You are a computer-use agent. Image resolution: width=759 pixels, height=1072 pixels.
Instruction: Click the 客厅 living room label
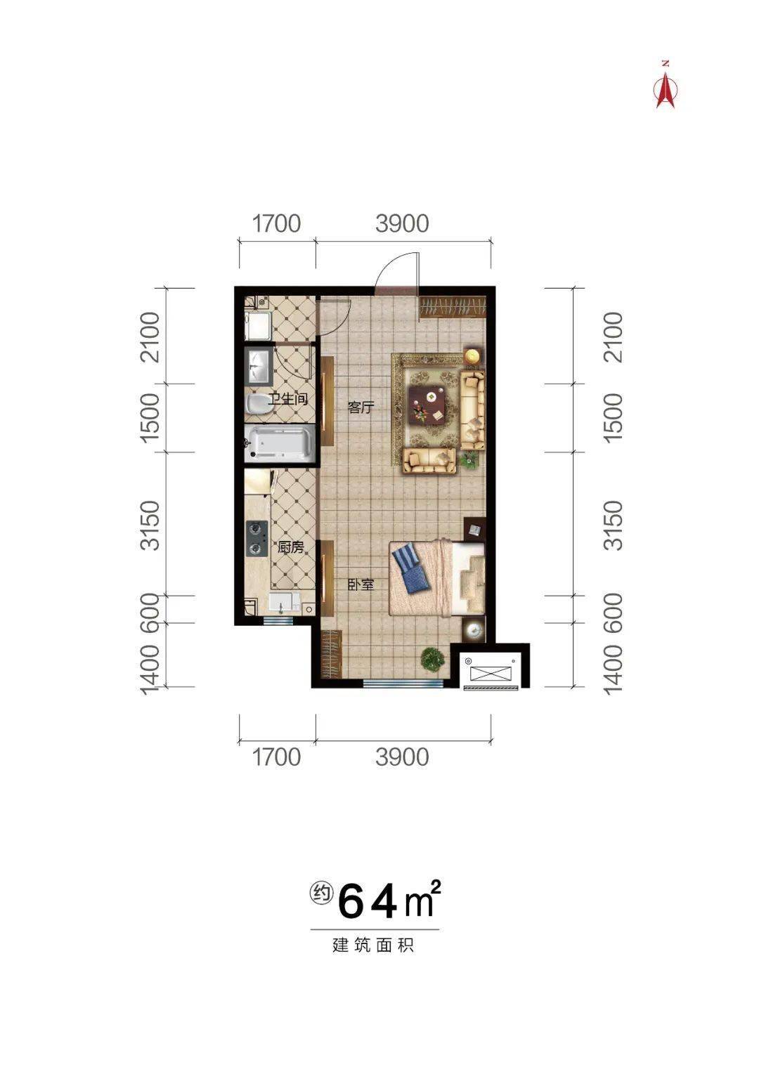point(361,407)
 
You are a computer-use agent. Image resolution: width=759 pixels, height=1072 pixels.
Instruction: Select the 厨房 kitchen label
point(290,547)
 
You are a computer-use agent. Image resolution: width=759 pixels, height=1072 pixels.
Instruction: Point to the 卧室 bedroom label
point(361,584)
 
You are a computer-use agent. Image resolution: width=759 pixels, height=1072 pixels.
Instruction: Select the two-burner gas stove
point(256,538)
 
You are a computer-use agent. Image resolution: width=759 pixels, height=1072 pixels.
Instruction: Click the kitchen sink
point(285,603)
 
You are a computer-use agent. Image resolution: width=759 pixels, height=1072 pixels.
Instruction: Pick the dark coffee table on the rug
point(427,406)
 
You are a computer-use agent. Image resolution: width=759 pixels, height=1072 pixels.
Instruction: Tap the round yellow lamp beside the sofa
point(473,356)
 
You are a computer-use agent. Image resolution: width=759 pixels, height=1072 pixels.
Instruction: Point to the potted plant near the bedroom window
point(432,659)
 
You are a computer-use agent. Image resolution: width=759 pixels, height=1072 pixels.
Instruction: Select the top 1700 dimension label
point(276,223)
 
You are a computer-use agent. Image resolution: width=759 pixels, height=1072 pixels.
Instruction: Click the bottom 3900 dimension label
point(402,757)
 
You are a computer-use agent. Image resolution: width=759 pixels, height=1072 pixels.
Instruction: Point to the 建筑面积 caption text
point(374,945)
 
